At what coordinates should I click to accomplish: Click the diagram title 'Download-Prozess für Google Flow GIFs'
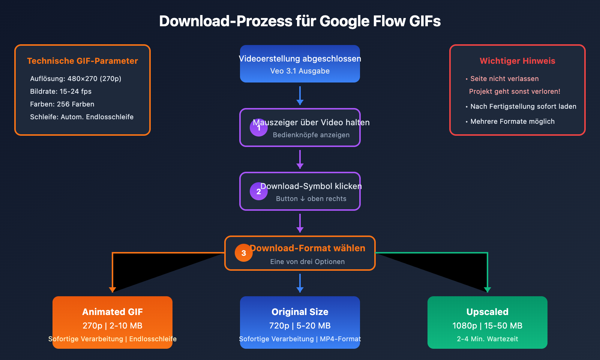[x=300, y=21]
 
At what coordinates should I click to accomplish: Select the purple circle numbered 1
[x=259, y=127]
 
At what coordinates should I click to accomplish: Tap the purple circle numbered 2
[x=259, y=191]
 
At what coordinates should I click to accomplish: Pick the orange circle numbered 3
[x=244, y=253]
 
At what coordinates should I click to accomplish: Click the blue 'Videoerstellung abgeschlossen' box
[x=300, y=64]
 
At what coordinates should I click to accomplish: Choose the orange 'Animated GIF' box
[x=112, y=322]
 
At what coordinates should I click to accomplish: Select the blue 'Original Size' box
[x=300, y=322]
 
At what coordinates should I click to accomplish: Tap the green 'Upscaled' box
[x=487, y=322]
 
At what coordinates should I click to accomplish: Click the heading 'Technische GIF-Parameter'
[x=82, y=61]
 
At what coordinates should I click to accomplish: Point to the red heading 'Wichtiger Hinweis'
[x=517, y=61]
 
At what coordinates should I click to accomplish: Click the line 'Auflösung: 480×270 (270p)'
[x=76, y=79]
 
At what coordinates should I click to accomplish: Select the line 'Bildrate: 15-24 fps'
[x=61, y=91]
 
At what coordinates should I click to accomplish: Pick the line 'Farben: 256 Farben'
[x=62, y=104]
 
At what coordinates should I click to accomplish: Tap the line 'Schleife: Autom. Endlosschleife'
[x=82, y=117]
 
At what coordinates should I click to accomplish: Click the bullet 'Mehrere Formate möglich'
[x=512, y=121]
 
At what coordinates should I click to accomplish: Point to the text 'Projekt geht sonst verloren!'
[x=514, y=91]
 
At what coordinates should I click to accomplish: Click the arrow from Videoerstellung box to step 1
[x=300, y=96]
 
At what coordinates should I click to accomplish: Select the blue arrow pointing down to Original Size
[x=300, y=283]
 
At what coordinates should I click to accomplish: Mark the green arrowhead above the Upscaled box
[x=487, y=289]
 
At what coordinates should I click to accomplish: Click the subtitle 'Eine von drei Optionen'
[x=307, y=262]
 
